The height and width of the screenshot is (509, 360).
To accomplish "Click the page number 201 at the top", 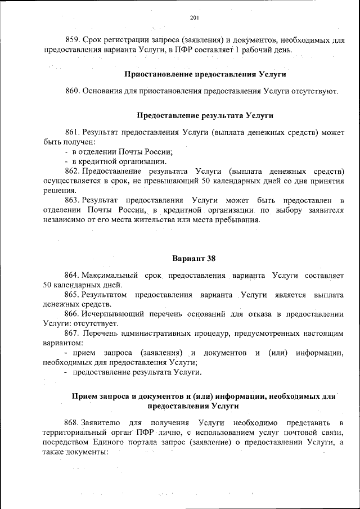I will (195, 18).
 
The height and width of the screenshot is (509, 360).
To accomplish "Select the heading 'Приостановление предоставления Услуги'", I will (205, 74).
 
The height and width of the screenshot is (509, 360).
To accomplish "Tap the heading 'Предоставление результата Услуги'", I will (205, 116).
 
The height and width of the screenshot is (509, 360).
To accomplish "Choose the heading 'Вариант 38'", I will (193, 259).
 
